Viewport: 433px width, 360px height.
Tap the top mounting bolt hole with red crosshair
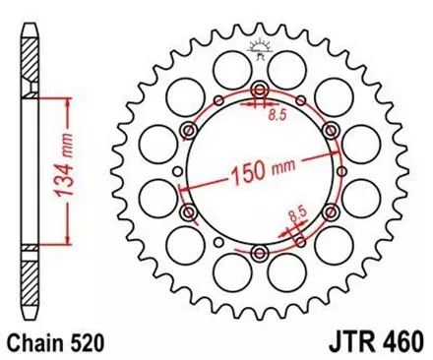pyautogui.click(x=259, y=93)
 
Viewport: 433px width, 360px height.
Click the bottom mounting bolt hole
pyautogui.click(x=259, y=254)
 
